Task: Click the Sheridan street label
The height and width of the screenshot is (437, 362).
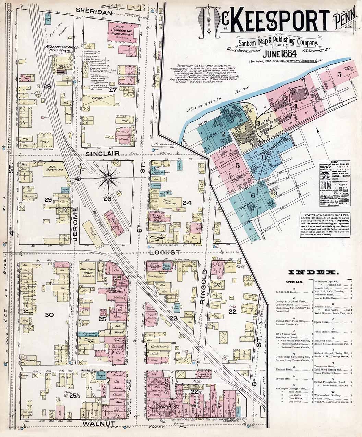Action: [x=94, y=12]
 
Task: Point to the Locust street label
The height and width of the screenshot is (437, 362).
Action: [x=165, y=252]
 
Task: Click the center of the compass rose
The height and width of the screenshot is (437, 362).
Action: [x=108, y=178]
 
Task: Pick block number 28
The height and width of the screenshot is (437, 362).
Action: [x=47, y=86]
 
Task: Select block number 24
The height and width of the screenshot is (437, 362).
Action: [x=187, y=203]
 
